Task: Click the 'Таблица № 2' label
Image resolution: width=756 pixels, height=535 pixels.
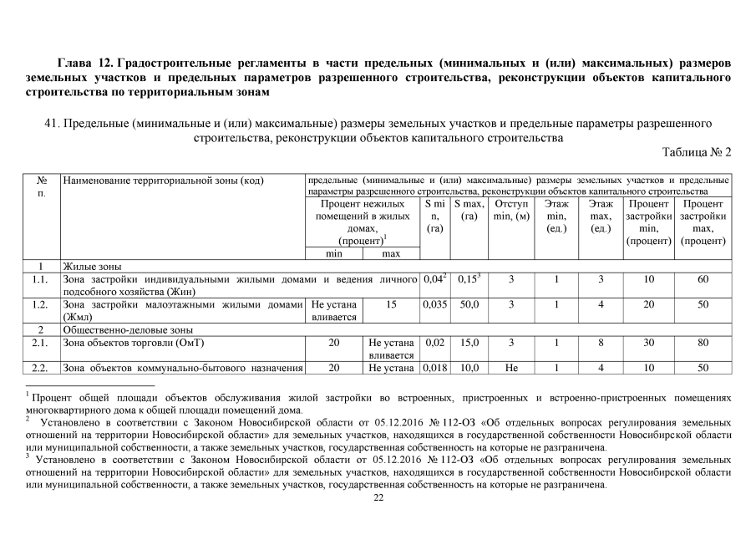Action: coord(696,152)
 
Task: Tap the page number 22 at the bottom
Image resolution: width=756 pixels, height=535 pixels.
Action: coord(378,499)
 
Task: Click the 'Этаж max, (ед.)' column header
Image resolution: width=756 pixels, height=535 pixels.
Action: coord(601,216)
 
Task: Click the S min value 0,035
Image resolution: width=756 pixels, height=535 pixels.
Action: coord(434,305)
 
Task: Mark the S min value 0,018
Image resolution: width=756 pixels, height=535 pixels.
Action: coord(434,369)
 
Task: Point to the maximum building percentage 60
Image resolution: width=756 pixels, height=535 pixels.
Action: coord(703,279)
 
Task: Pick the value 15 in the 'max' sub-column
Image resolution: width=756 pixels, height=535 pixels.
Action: coord(391,305)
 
